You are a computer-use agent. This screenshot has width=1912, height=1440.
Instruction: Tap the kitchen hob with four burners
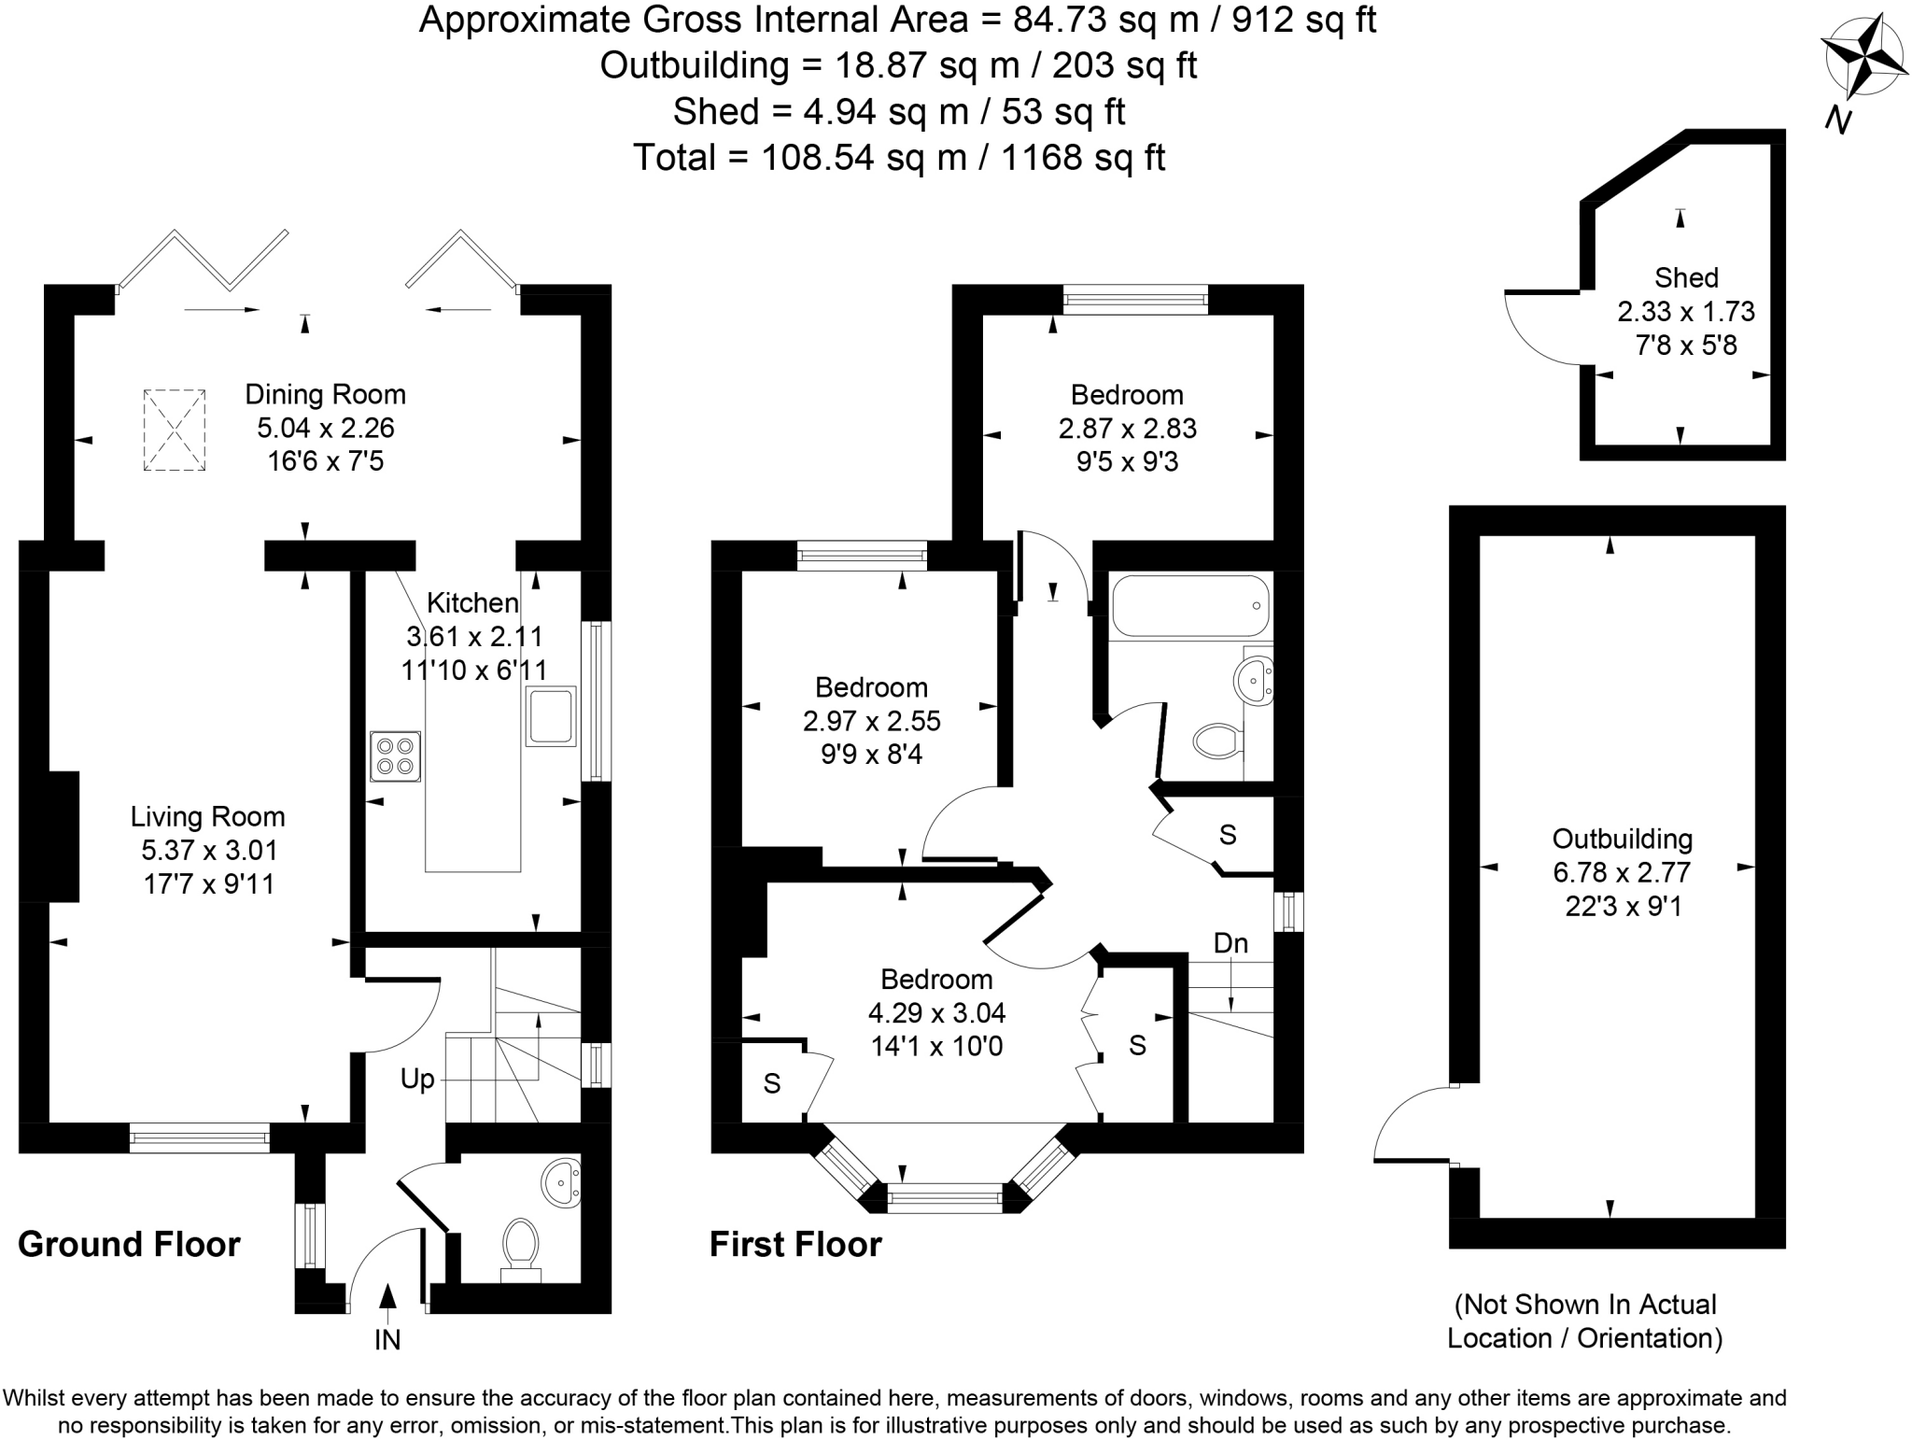395,755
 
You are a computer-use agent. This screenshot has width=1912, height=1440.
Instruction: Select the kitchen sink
551,716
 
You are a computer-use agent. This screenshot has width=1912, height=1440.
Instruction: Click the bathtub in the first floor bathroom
1190,606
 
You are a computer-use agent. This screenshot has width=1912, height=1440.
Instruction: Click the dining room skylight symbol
174,431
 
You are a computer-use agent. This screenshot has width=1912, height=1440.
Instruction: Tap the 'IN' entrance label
387,1340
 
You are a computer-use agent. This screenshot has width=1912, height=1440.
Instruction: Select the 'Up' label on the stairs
417,1080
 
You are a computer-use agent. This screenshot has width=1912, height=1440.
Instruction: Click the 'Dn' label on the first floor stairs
1230,943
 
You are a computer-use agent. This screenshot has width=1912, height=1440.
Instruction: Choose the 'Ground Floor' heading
129,1244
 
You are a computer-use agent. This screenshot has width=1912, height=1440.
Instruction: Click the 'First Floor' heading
795,1244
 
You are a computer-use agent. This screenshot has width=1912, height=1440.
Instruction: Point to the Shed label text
1686,277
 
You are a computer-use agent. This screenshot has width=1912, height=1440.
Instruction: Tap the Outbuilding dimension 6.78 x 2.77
1622,872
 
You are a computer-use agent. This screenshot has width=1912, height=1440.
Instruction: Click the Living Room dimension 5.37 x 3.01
209,850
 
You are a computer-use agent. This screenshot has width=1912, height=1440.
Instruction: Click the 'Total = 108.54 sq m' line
898,157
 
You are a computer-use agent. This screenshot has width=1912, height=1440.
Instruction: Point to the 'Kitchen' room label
472,602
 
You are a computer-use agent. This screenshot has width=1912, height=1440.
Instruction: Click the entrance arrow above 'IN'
387,1297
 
